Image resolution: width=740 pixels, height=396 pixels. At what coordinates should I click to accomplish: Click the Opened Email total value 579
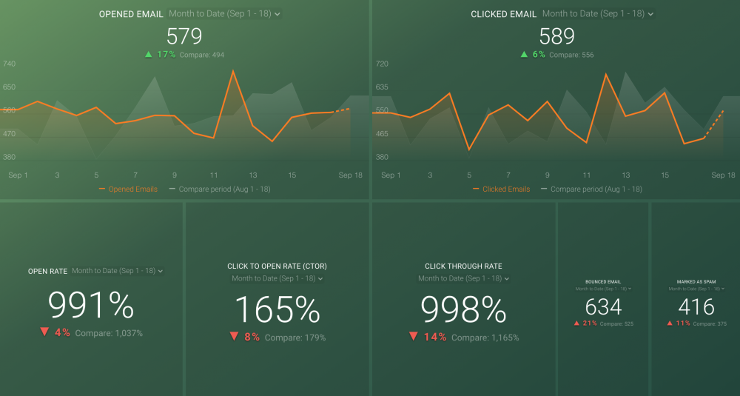(184, 36)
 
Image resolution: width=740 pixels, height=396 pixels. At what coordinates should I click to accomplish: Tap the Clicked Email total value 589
(557, 36)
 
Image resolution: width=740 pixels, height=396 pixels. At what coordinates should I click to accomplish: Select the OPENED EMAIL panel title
(131, 14)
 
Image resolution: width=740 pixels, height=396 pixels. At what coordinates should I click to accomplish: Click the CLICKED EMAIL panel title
(503, 14)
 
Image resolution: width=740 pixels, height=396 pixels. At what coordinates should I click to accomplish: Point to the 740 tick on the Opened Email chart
(10, 64)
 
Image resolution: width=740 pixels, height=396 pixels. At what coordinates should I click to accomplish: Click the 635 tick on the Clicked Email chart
(382, 87)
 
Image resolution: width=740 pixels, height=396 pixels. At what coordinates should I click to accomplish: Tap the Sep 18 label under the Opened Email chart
(351, 175)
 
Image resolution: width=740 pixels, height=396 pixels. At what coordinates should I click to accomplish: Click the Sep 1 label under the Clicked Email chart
(391, 175)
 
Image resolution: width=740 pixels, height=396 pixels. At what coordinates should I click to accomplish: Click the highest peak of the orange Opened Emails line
(233, 71)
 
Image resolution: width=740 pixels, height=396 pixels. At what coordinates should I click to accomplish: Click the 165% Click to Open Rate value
(277, 309)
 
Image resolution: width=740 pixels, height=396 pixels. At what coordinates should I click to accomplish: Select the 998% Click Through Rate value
(463, 309)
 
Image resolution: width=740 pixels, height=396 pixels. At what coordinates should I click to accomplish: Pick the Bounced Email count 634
(603, 306)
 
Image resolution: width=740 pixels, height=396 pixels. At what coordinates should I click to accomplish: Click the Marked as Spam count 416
(696, 306)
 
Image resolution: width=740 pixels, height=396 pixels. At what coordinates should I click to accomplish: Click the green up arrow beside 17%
(149, 54)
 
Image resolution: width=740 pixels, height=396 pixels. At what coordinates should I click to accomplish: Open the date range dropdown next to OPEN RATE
(117, 271)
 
